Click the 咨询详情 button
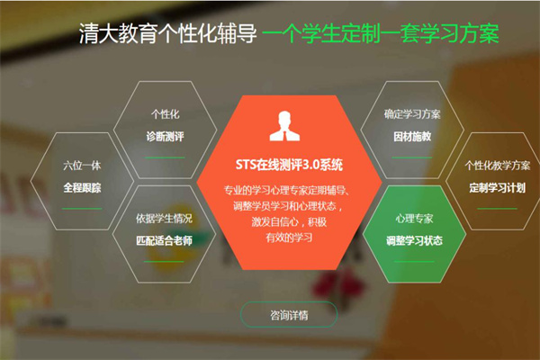coord(289,314)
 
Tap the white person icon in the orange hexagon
coord(284,126)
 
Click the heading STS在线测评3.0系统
coord(289,165)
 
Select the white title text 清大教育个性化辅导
coord(168,33)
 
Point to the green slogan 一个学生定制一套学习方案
coord(381,33)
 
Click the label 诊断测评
coord(165,137)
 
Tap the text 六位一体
coord(82,166)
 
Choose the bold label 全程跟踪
coord(82,188)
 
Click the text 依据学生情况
coord(164,219)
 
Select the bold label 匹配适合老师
coord(164,240)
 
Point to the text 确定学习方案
coord(412,114)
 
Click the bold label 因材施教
coord(412,137)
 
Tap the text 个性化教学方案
coord(498,166)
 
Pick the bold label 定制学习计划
coord(498,188)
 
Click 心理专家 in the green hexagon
coord(414,219)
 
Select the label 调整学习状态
coord(414,240)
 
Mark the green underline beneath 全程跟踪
coord(82,209)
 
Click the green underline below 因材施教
coord(412,157)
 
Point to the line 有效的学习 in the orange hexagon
coord(289,238)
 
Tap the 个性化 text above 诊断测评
coord(165,114)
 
